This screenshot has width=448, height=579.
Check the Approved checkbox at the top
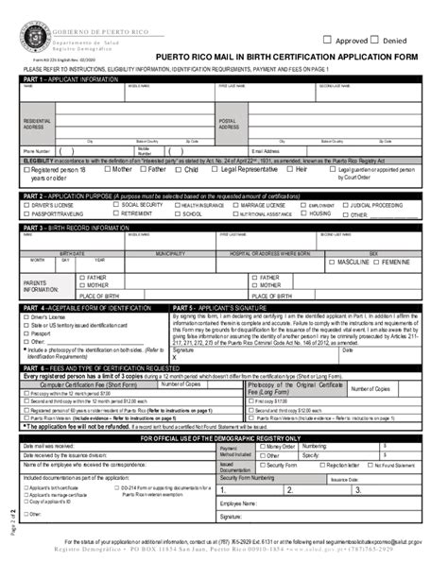click(x=328, y=40)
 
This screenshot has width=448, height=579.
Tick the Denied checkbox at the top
click(x=374, y=40)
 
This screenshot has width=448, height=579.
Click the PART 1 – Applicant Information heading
click(x=72, y=80)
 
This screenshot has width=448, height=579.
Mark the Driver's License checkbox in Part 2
click(x=28, y=204)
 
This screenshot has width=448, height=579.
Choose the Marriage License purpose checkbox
click(x=234, y=204)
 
